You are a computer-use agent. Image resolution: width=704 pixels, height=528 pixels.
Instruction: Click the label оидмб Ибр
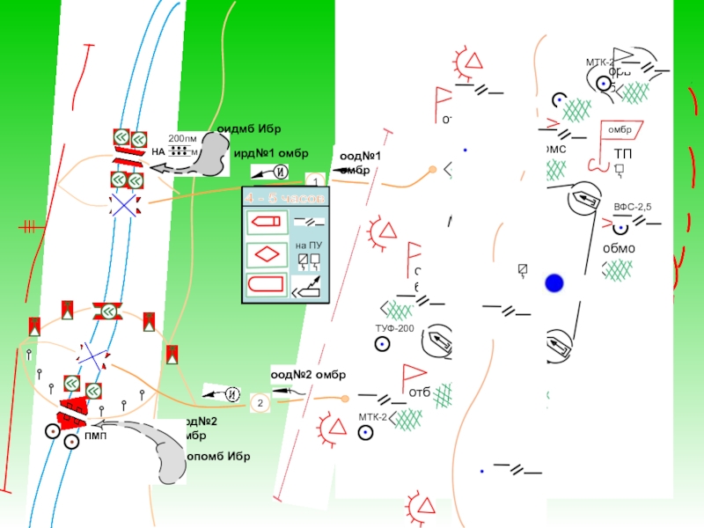[x=250, y=129]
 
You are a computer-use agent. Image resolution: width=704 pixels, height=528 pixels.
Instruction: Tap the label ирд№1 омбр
[x=270, y=153]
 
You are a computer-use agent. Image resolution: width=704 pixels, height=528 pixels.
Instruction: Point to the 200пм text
[x=183, y=139]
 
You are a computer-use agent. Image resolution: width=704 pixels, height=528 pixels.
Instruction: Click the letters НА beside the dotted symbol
[x=158, y=151]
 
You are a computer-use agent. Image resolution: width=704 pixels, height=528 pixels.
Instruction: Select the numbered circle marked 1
[x=309, y=180]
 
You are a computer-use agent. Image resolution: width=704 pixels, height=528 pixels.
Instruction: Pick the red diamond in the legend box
[x=266, y=255]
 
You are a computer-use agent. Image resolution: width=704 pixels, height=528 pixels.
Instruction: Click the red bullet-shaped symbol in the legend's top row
[x=266, y=222]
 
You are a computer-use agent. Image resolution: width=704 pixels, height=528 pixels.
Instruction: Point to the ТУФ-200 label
[x=394, y=328]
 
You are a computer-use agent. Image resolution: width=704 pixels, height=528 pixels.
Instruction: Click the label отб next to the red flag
[x=419, y=392]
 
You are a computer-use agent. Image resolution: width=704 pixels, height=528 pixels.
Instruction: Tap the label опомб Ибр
[x=218, y=457]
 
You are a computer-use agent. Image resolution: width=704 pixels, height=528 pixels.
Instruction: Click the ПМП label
[x=96, y=435]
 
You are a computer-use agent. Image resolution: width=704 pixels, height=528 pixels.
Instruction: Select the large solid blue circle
[x=554, y=283]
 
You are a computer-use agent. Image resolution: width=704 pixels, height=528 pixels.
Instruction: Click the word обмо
[x=618, y=248]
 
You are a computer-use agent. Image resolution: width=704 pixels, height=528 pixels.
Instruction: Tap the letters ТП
[x=623, y=155]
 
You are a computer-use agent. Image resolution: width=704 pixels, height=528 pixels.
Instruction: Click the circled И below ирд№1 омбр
[x=280, y=171]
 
